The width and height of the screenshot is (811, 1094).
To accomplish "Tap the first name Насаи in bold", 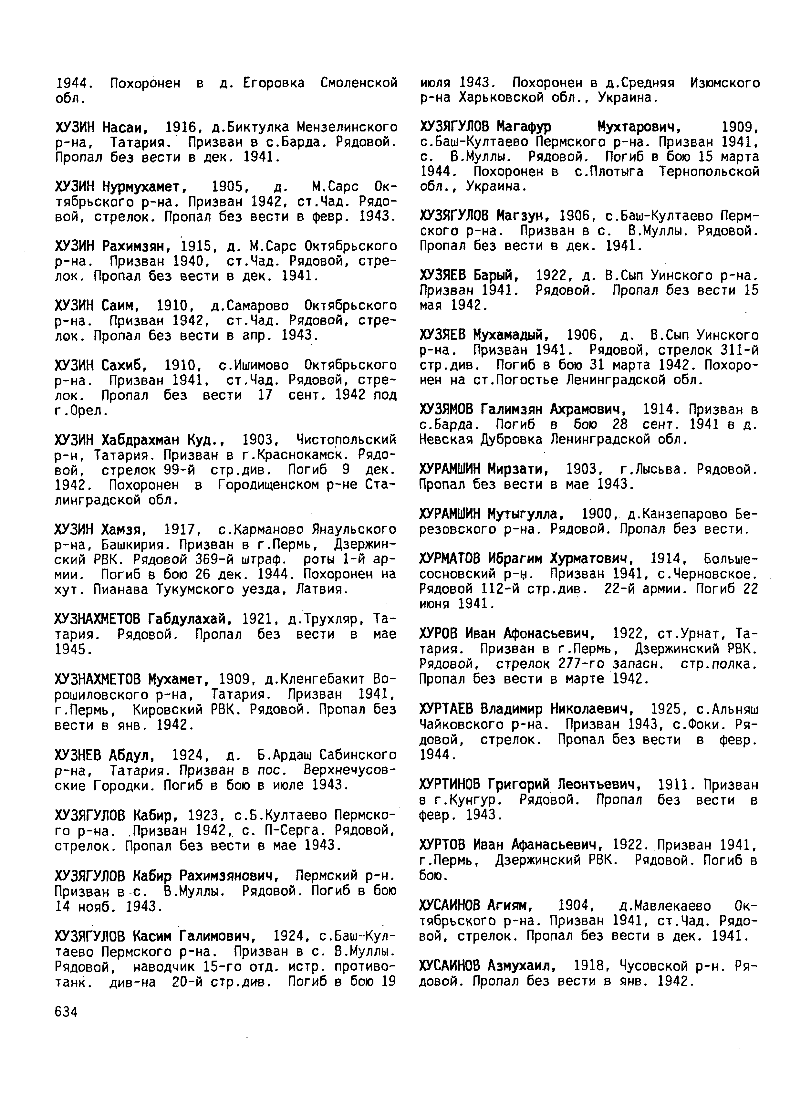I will pos(125,128).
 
